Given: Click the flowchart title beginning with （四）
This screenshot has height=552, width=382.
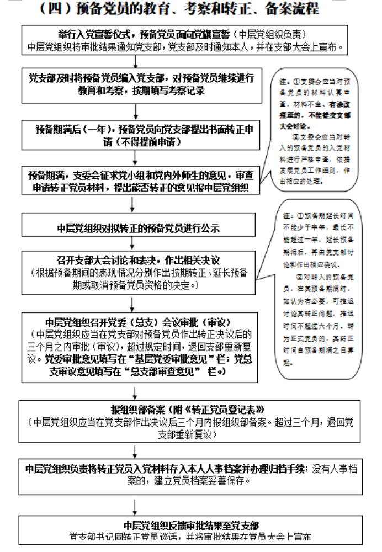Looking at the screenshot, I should point(190,9).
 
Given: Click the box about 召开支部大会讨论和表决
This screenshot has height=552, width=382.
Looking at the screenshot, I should point(138,272).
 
